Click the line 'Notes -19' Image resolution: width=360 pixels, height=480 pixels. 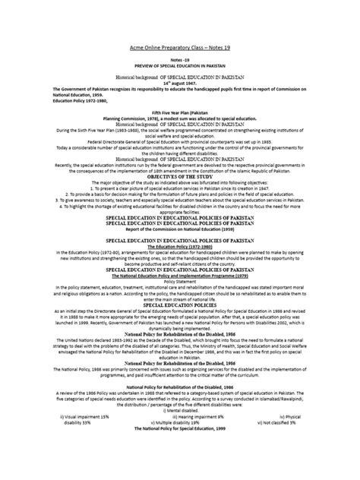(179, 58)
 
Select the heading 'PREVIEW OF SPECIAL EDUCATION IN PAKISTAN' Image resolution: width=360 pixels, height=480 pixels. (179, 65)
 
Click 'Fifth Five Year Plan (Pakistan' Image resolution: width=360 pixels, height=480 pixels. (179, 111)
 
